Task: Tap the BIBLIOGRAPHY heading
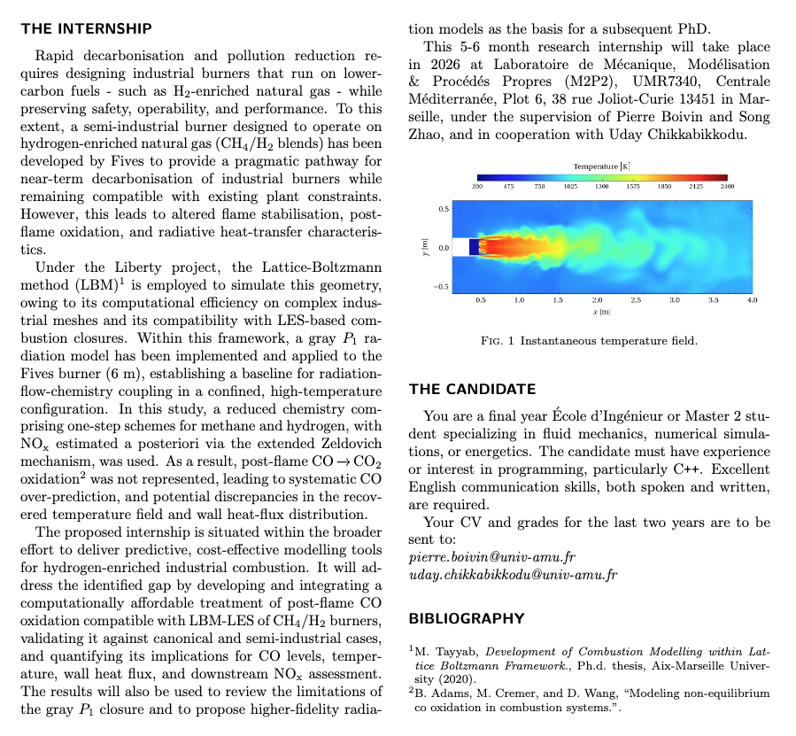point(467,618)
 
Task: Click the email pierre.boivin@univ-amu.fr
point(492,557)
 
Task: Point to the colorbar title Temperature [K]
point(602,166)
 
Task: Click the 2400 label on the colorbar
point(727,187)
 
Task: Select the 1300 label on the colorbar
point(602,187)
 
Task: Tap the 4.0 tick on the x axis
point(752,301)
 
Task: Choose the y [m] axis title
point(427,248)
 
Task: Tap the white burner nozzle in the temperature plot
point(471,247)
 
